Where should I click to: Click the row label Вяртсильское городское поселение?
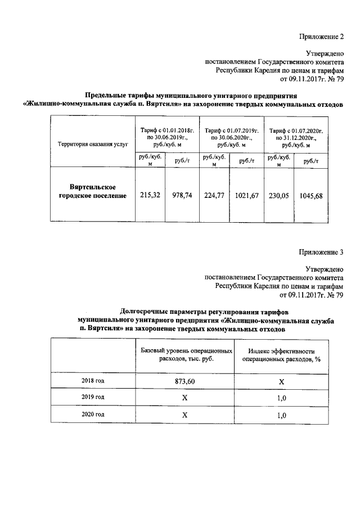point(93,191)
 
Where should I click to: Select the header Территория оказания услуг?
point(89,145)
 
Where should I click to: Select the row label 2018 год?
point(93,381)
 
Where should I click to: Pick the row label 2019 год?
point(93,398)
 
